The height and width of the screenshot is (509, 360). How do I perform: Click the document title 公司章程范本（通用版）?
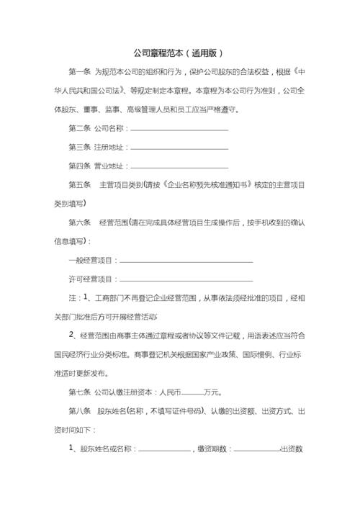(x=180, y=53)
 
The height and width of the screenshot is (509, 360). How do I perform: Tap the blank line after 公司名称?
(x=179, y=129)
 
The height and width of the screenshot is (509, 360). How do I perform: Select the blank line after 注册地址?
(x=179, y=148)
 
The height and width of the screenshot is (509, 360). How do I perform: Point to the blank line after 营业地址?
(x=179, y=166)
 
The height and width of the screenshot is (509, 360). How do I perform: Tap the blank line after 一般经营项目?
(x=186, y=261)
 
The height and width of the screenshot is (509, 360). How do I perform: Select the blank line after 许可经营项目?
(x=186, y=280)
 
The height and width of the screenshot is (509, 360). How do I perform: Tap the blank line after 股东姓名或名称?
(x=164, y=449)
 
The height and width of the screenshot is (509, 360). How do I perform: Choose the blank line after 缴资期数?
(x=257, y=449)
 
